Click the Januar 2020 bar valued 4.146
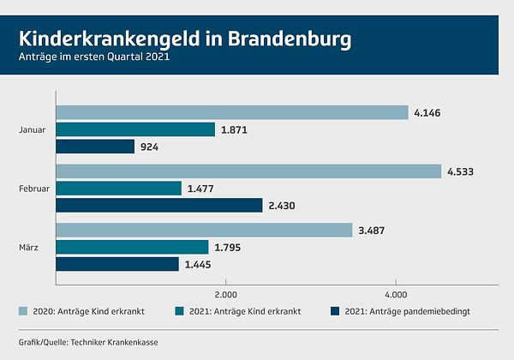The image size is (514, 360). pos(231,112)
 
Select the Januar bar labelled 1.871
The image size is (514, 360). pos(135,129)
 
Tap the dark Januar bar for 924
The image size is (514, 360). pos(95,147)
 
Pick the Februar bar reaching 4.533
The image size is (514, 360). pos(248,171)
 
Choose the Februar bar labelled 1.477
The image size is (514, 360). pos(118,189)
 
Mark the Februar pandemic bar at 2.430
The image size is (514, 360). pos(158,206)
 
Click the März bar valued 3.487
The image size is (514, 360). pos(204,230)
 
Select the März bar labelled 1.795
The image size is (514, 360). pos(132,247)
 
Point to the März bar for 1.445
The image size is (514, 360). pos(117,264)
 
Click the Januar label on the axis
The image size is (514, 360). pos(32,129)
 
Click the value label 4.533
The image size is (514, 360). pos(460,171)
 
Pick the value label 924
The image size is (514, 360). pos(151,147)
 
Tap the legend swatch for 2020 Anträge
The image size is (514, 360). pos(22,310)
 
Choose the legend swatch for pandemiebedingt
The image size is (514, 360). pos(335,310)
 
